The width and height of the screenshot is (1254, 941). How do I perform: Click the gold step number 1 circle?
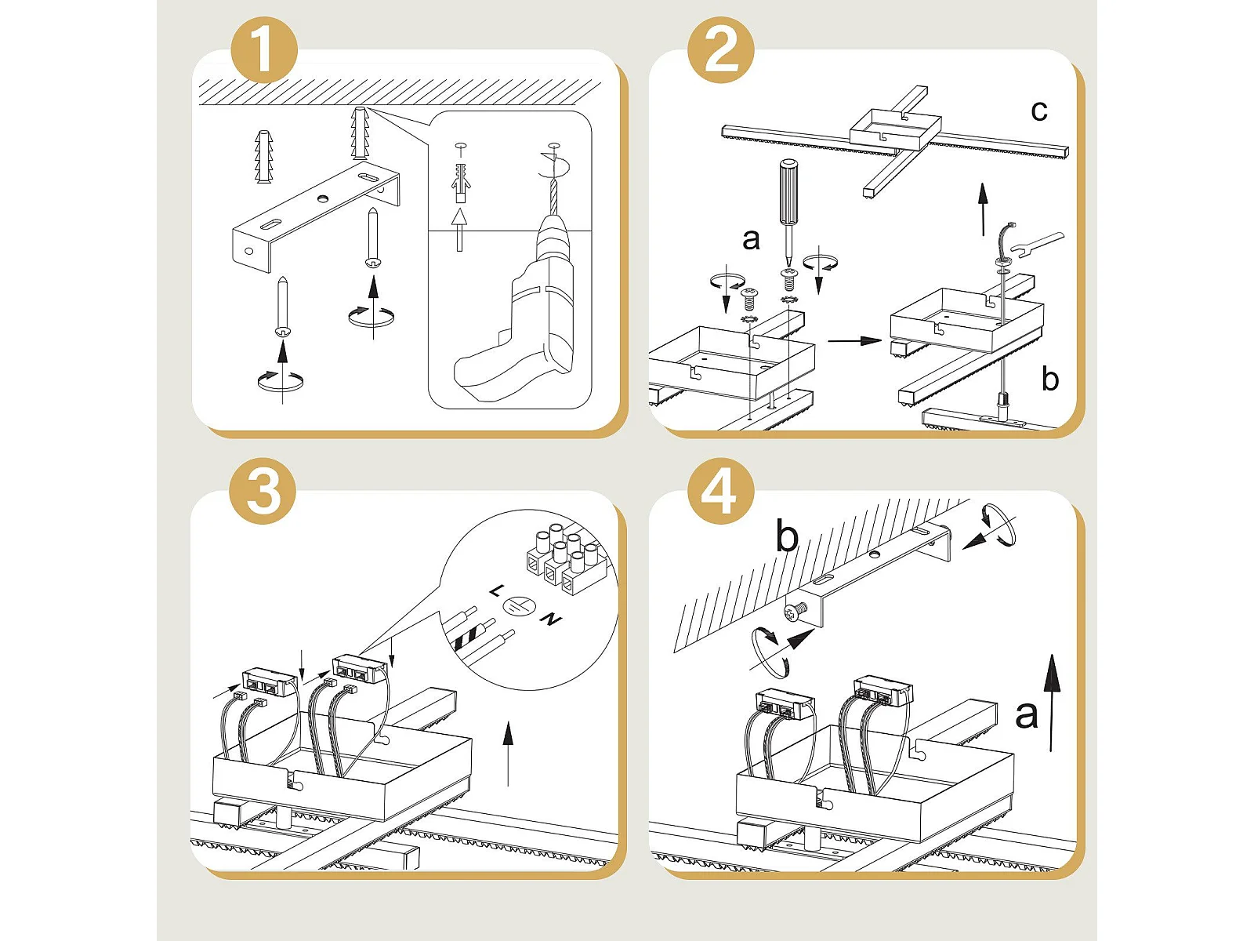[x=264, y=49]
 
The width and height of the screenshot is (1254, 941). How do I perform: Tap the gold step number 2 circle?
[x=721, y=49]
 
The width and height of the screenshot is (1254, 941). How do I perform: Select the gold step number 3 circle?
[x=263, y=491]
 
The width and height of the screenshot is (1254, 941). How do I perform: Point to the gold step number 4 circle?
[x=720, y=491]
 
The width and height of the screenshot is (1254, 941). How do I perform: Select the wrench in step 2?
[x=1036, y=245]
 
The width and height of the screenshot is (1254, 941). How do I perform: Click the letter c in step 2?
[x=1039, y=111]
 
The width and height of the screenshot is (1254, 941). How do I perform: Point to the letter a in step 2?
[x=751, y=240]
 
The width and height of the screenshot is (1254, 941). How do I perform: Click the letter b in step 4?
[x=787, y=536]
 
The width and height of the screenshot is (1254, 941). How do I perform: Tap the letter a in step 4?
[x=1026, y=714]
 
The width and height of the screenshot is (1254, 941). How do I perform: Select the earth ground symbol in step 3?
[x=519, y=606]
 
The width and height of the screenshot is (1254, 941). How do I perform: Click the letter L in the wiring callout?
[x=496, y=590]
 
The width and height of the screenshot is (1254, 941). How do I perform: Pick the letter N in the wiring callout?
[x=551, y=619]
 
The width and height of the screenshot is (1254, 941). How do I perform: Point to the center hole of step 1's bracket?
[x=322, y=198]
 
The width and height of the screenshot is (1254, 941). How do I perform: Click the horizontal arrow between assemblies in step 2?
[x=854, y=340]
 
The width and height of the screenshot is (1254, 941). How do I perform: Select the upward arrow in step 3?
[x=507, y=754]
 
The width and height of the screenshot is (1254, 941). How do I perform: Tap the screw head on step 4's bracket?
[x=792, y=613]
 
